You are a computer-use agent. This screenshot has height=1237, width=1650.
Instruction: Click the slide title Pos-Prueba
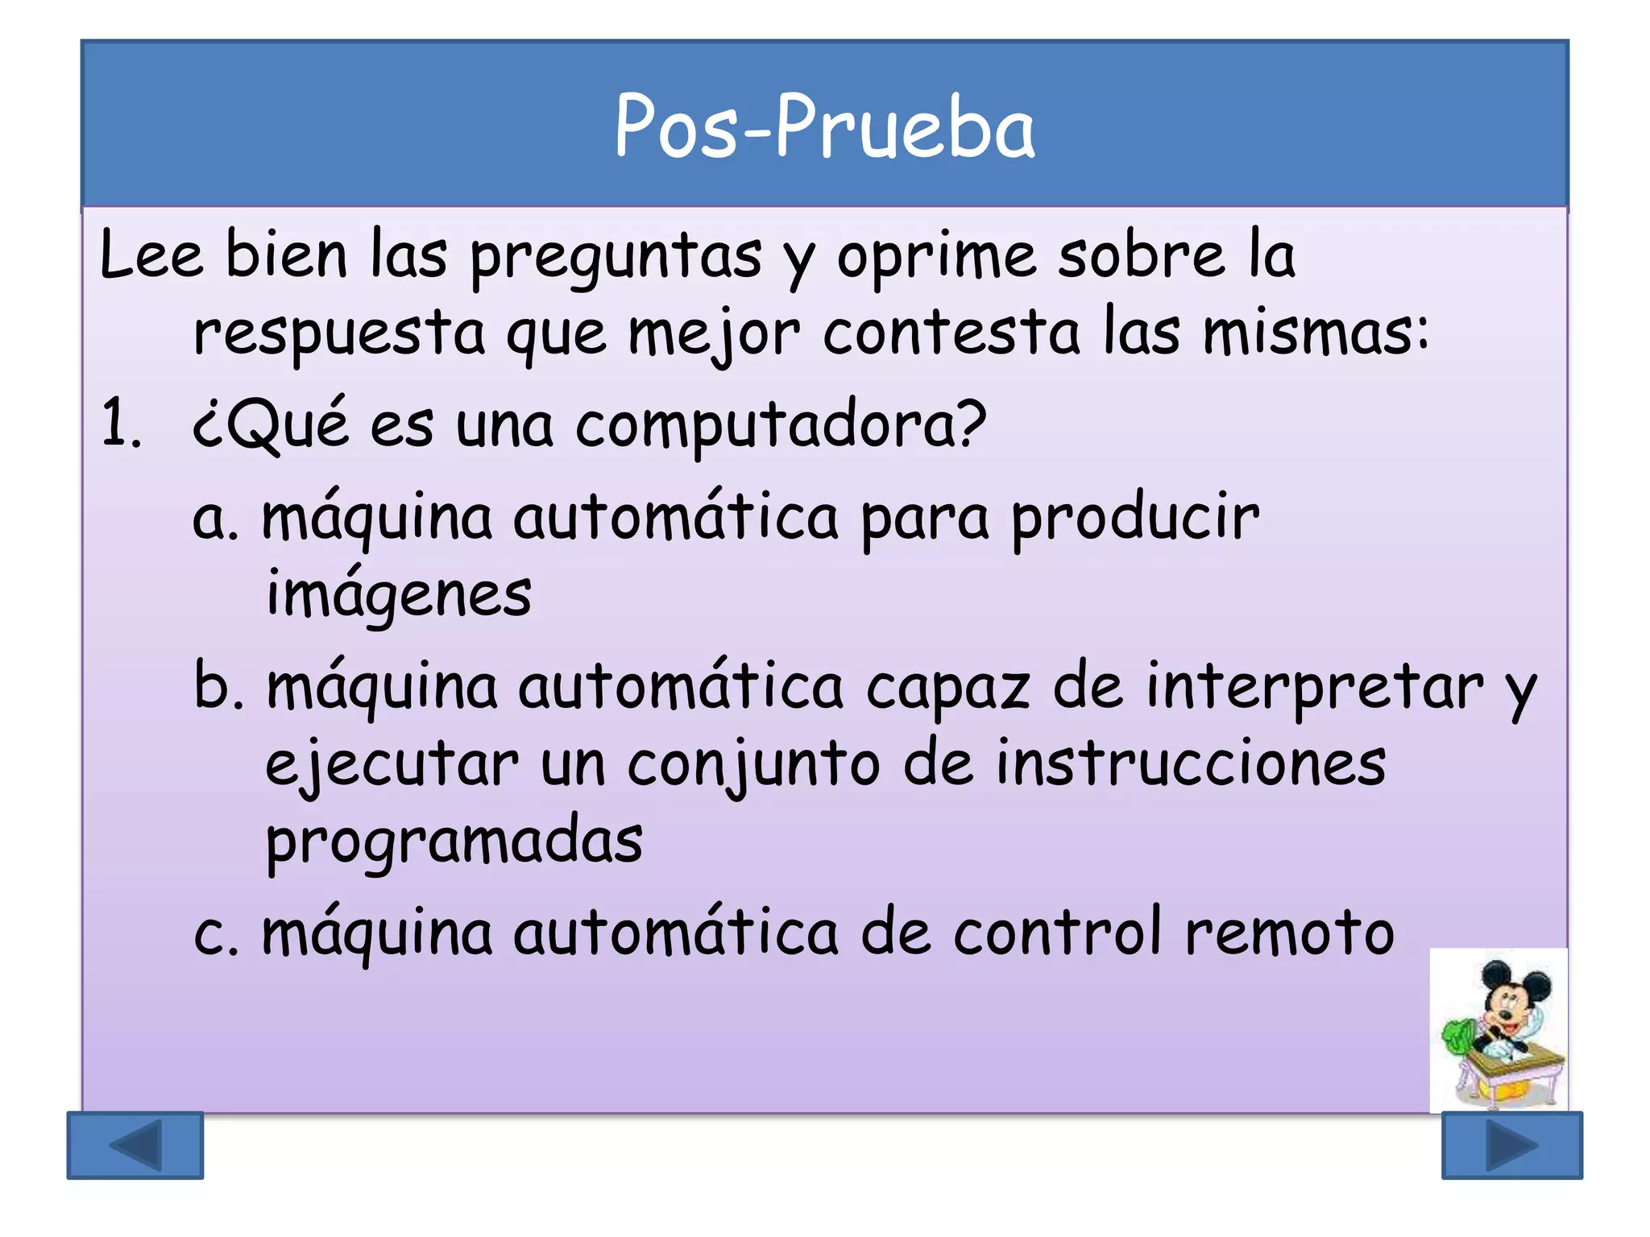tap(824, 127)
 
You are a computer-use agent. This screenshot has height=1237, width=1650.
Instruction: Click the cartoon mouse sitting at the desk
tap(1500, 1031)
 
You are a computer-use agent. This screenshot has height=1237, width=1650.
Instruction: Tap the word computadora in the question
tap(781, 424)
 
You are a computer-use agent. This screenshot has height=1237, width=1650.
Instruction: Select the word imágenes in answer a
tap(399, 594)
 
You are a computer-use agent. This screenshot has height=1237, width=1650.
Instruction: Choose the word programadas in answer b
tap(454, 842)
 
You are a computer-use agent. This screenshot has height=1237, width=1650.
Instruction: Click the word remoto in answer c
tap(1289, 933)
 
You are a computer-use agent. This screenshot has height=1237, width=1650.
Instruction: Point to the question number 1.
tap(121, 424)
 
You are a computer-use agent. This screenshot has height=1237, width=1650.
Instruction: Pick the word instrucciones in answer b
tap(1191, 763)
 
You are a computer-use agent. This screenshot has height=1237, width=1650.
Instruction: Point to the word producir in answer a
tap(1134, 518)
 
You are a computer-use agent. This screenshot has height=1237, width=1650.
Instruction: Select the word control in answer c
tap(1058, 933)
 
